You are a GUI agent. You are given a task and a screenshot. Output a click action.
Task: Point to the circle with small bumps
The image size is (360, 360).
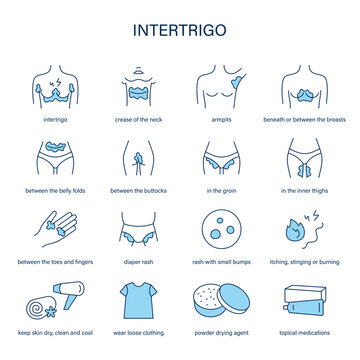coord(221,226)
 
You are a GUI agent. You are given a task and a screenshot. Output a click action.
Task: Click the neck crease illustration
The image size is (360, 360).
coord(137,83)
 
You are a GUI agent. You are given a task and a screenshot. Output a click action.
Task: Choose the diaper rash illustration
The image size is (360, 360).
coord(137,227)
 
